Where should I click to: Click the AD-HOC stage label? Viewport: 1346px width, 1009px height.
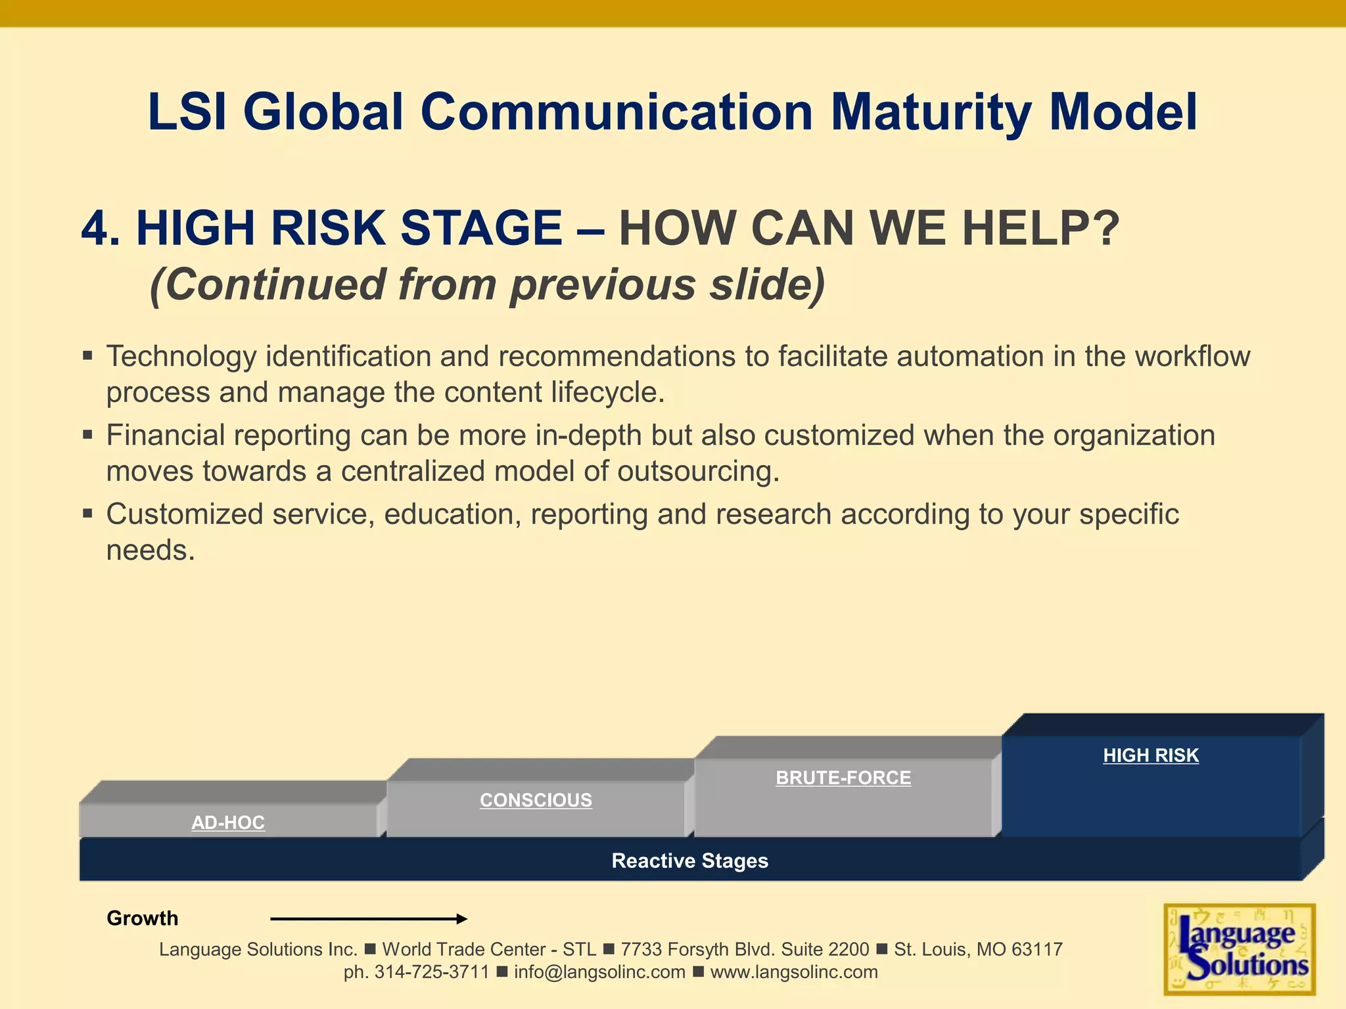(228, 822)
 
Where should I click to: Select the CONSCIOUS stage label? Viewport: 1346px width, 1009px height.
(536, 800)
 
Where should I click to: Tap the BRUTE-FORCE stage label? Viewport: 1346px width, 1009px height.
(843, 778)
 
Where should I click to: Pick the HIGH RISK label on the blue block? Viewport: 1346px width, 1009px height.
(1151, 755)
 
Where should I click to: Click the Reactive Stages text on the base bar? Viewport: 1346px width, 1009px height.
(689, 861)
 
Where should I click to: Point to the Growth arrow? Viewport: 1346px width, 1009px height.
(368, 918)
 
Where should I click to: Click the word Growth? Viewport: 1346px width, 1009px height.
(143, 918)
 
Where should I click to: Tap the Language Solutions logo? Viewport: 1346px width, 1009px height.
(1239, 949)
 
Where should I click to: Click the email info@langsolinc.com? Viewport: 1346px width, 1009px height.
(599, 972)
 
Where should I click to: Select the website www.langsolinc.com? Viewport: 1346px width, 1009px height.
(794, 972)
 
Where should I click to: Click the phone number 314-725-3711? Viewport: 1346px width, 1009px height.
(432, 972)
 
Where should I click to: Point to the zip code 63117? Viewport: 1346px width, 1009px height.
(1036, 949)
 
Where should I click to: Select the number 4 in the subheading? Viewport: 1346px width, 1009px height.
(95, 229)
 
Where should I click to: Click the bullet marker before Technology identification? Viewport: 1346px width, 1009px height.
(88, 356)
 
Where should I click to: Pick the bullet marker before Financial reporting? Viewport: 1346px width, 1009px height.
(88, 435)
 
